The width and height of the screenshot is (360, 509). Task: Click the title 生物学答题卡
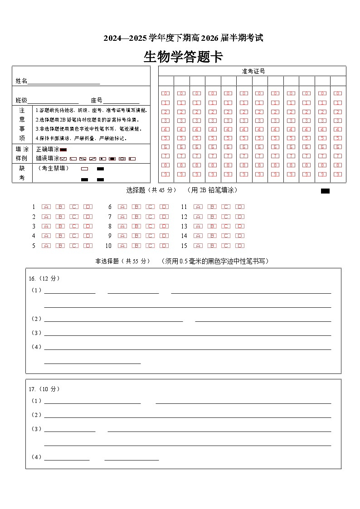183,57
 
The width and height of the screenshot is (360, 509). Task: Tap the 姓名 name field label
21,81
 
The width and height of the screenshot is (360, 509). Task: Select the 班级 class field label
21,101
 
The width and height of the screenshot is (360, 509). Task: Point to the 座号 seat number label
97,101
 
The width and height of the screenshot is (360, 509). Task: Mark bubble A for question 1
46,207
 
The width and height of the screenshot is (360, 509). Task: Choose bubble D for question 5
88,246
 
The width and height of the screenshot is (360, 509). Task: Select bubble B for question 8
136,227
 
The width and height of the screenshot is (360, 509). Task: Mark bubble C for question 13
226,227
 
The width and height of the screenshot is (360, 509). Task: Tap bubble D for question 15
240,246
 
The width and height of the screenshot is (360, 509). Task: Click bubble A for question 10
122,246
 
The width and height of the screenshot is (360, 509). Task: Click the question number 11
184,207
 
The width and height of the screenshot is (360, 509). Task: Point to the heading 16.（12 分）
44,278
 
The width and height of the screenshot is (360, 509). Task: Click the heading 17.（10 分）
44,389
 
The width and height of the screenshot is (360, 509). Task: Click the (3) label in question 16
36,333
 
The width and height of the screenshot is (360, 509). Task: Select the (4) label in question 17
36,457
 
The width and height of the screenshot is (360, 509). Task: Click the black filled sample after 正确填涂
63,150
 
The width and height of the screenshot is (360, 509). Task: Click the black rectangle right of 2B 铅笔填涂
325,191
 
